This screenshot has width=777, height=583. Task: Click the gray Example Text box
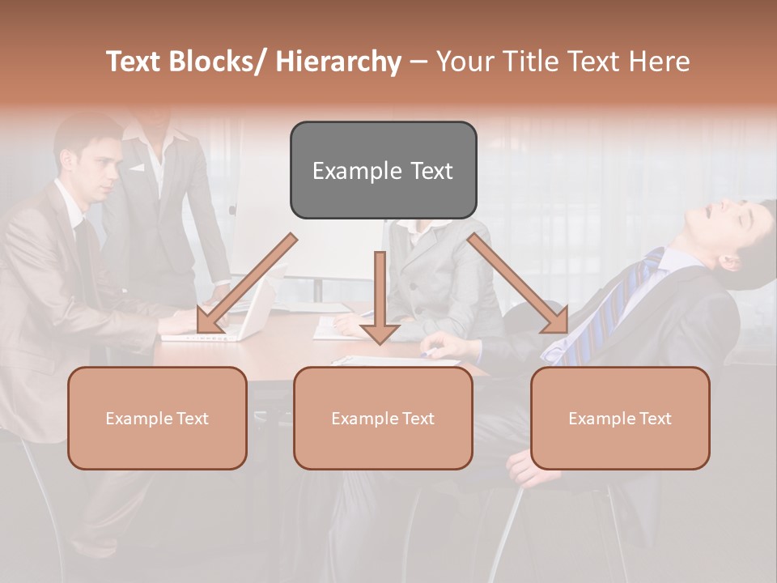(383, 170)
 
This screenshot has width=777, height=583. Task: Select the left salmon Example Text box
(157, 418)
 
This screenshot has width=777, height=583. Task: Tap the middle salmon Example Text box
(383, 418)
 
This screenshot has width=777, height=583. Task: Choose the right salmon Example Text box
(620, 418)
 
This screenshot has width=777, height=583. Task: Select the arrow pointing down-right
(518, 283)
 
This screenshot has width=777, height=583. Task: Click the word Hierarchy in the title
(338, 62)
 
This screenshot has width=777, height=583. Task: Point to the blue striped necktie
(615, 308)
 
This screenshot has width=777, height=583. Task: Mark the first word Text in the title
(135, 62)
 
